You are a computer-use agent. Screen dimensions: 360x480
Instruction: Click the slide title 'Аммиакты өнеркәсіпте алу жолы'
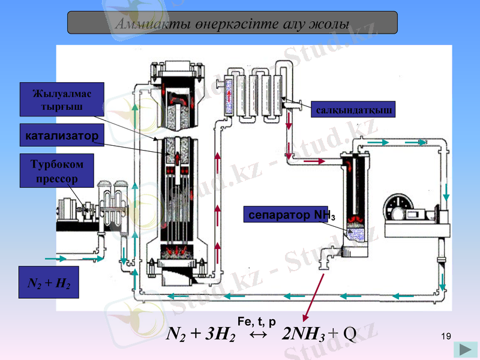tap(232, 23)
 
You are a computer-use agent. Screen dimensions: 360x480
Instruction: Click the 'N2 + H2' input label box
tap(49, 283)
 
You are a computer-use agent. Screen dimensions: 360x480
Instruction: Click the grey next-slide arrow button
tap(465, 349)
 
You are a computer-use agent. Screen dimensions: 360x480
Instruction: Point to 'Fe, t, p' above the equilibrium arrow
tap(256, 321)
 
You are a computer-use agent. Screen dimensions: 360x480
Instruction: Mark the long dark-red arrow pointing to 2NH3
tap(313, 294)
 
